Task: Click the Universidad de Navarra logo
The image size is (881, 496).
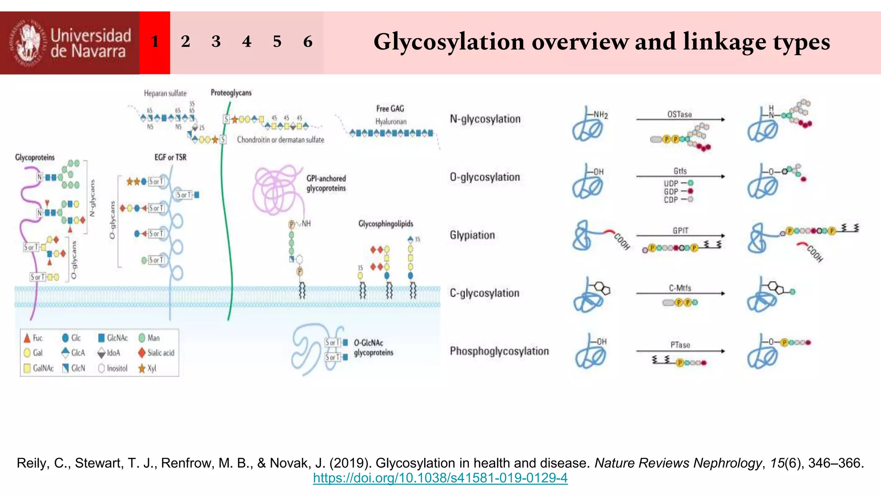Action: click(70, 43)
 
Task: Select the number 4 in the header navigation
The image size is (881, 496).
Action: click(246, 42)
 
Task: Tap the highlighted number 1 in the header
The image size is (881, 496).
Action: click(155, 42)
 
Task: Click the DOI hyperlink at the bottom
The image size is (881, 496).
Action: click(440, 478)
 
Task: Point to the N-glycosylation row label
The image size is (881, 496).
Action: click(485, 119)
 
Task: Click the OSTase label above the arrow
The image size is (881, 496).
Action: click(679, 114)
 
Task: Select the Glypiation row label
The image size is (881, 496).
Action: click(472, 235)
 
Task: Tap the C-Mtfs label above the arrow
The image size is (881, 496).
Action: click(680, 288)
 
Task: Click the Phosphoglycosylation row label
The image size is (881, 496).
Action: click(499, 351)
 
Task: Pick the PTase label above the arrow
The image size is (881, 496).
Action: click(680, 345)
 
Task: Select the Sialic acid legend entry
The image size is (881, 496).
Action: click(157, 353)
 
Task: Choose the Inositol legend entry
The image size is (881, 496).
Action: click(113, 368)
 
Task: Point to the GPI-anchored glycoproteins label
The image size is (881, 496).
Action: click(326, 183)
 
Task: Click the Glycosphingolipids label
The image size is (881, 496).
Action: click(385, 223)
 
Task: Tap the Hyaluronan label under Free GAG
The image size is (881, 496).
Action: click(391, 121)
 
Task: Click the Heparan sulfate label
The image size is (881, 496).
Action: click(165, 93)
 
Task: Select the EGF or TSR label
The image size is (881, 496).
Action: click(170, 157)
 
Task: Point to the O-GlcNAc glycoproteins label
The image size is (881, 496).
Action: click(373, 347)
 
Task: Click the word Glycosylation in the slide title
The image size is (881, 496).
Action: click(449, 42)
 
